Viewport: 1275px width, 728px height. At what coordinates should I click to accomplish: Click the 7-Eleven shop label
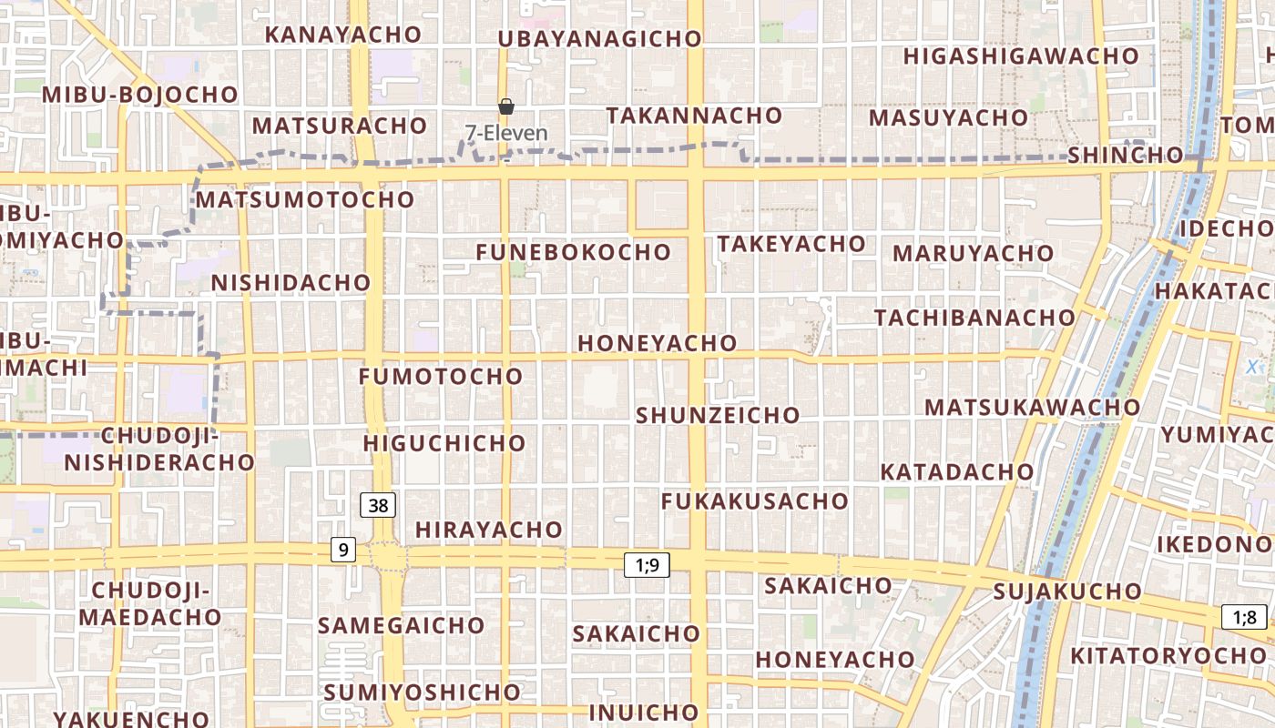click(506, 133)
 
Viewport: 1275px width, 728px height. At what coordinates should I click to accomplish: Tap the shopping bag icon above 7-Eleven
click(506, 107)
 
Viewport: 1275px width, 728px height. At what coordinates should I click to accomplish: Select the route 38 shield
click(378, 505)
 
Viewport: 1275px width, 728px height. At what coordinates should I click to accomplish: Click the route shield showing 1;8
click(1244, 618)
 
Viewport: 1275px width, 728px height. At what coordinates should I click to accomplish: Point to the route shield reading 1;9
click(647, 565)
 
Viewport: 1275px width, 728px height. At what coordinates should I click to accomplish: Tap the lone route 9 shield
click(342, 550)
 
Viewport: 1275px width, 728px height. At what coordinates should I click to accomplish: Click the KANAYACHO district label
click(343, 35)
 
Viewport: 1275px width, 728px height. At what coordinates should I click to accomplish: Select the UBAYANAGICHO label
click(599, 39)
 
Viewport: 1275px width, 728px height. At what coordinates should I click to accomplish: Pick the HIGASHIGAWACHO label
click(1021, 56)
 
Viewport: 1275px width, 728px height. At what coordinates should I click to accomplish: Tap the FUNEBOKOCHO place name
click(573, 252)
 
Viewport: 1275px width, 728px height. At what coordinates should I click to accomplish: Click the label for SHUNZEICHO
click(718, 415)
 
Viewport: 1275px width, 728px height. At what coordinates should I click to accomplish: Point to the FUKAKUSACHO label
click(754, 501)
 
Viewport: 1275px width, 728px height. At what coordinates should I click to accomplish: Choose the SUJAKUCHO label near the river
click(1067, 591)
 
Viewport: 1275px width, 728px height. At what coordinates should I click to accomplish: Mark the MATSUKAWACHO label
click(1033, 407)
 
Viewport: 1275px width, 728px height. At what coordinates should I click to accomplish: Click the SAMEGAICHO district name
click(401, 625)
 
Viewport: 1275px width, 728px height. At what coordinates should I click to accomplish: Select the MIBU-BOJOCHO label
click(139, 95)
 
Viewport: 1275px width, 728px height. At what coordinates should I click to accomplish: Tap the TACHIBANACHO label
click(974, 318)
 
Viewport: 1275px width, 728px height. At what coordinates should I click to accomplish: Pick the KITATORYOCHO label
click(1168, 655)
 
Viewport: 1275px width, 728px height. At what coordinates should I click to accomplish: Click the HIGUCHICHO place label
click(444, 443)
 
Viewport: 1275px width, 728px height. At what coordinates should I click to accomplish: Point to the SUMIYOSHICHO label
click(422, 693)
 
